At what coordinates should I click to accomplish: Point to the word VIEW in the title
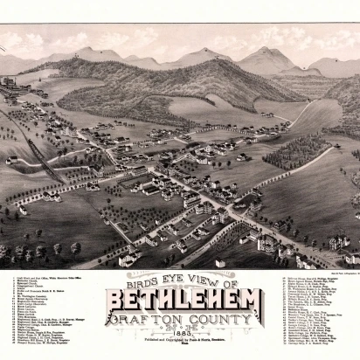click(197, 283)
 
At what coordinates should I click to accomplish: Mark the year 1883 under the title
click(179, 336)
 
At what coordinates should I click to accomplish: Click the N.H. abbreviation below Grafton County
click(179, 328)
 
